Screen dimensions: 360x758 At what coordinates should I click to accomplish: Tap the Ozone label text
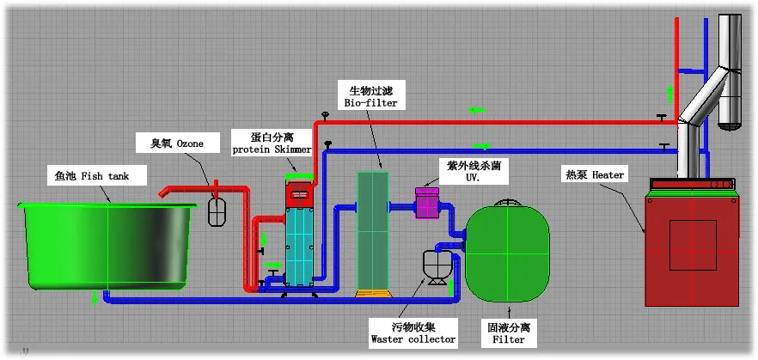pos(177,143)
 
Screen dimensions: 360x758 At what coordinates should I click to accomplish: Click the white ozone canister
pos(218,211)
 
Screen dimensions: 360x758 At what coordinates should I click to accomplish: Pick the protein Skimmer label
pos(272,143)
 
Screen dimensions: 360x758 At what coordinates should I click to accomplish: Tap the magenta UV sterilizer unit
pos(427,204)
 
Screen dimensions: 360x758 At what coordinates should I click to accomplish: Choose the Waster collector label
pos(413,333)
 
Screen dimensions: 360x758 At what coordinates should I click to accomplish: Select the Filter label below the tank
pos(508,333)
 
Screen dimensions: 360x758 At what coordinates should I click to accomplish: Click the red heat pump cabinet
pos(692,248)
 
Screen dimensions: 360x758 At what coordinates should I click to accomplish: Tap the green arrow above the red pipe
pos(476,110)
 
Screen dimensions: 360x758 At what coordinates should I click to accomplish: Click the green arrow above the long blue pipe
pos(481,146)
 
